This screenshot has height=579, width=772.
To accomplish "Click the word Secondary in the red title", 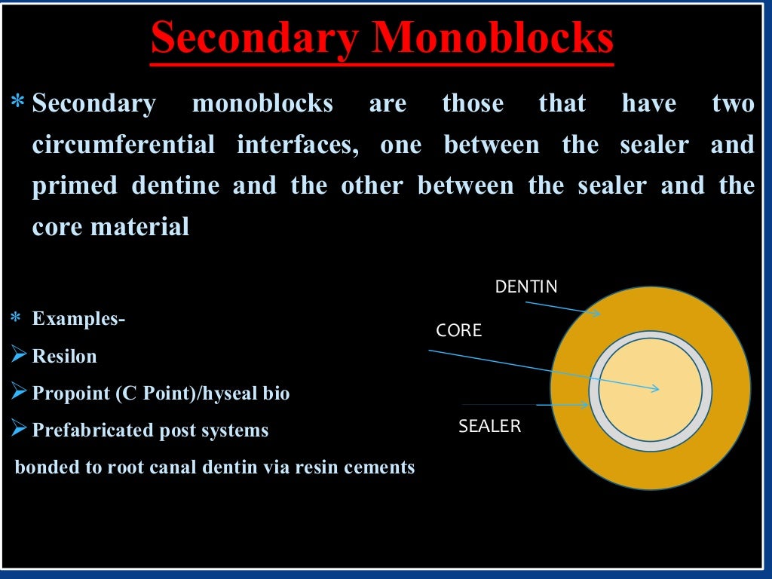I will (253, 39).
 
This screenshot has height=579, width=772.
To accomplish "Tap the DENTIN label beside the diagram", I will (525, 286).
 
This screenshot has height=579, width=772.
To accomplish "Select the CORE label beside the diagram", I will (458, 330).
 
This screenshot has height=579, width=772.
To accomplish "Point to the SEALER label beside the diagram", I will (489, 426).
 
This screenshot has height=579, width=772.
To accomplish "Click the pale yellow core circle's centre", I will (650, 390).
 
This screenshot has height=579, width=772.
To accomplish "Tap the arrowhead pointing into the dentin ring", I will (596, 313).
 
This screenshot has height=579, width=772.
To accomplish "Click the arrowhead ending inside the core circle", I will (655, 389).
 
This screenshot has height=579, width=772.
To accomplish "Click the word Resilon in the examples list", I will (64, 356).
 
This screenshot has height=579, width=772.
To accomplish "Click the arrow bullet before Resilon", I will (20, 354).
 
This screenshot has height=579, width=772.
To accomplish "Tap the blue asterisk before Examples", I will (16, 319).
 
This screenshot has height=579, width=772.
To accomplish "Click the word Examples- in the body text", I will (78, 319).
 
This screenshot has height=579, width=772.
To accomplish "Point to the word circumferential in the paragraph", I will (123, 144).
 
